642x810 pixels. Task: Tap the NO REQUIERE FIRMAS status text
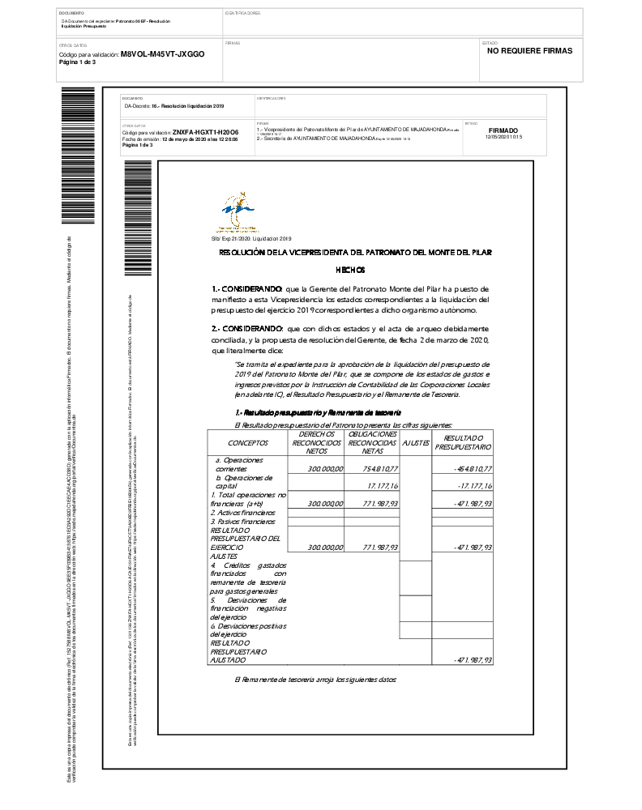[x=529, y=50]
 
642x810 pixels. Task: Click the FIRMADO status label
[x=503, y=130]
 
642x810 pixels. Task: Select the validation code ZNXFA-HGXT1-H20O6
[x=205, y=131]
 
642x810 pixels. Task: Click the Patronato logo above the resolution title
[x=240, y=212]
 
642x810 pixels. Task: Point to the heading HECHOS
[x=350, y=270]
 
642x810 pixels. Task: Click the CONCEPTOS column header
[x=248, y=443]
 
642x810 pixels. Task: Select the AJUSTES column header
[x=416, y=443]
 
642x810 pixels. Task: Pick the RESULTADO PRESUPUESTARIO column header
[x=463, y=442]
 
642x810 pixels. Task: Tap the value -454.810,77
[x=473, y=469]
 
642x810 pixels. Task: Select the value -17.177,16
[x=475, y=485]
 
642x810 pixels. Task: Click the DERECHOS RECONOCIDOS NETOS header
[x=317, y=442]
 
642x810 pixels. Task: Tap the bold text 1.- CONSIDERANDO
[x=247, y=288]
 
